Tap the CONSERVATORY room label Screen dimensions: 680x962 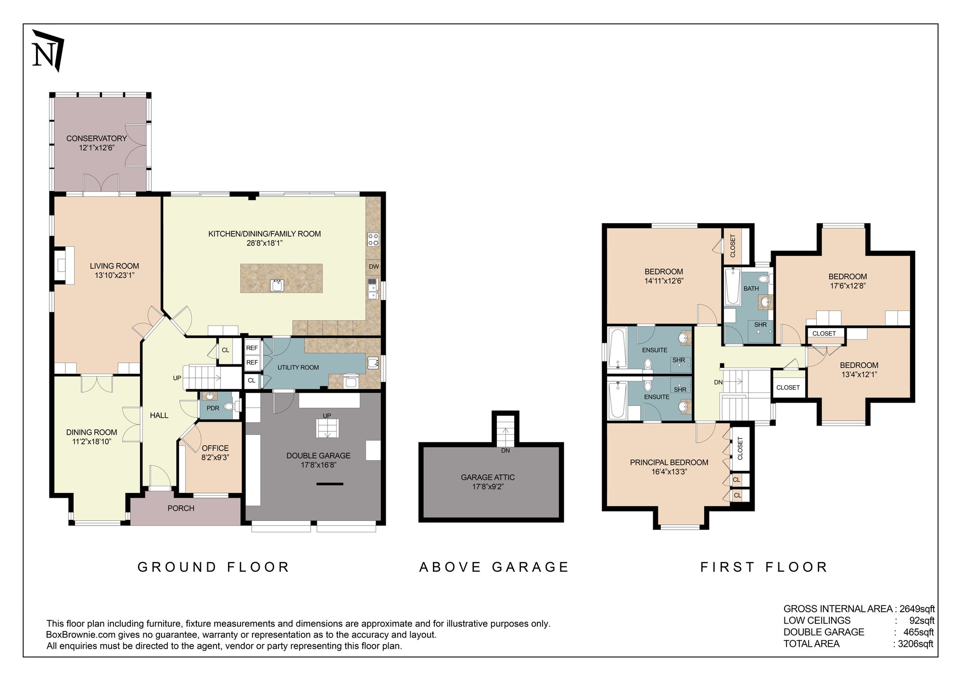[x=96, y=139]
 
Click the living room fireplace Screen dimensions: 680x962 [x=63, y=265]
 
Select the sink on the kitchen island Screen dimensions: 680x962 [x=278, y=285]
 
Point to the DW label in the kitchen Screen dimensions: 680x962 [x=374, y=266]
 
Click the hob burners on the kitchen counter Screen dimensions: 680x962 [x=373, y=239]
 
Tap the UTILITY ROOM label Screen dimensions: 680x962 [x=298, y=367]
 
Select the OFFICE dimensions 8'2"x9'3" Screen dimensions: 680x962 [x=215, y=458]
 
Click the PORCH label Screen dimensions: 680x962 [x=181, y=508]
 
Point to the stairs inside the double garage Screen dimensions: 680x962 [x=328, y=428]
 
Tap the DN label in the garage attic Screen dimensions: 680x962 [x=505, y=451]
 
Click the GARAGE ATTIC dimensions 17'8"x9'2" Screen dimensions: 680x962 [x=487, y=487]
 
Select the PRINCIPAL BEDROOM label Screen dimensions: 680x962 [x=669, y=463]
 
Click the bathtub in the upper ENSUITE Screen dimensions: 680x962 [x=617, y=348]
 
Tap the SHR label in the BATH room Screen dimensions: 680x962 [x=760, y=325]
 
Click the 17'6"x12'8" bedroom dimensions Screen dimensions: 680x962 [x=847, y=286]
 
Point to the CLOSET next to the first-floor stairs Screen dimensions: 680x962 [x=788, y=387]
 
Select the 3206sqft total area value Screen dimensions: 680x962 [x=915, y=644]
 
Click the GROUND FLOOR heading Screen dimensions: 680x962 [x=213, y=567]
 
